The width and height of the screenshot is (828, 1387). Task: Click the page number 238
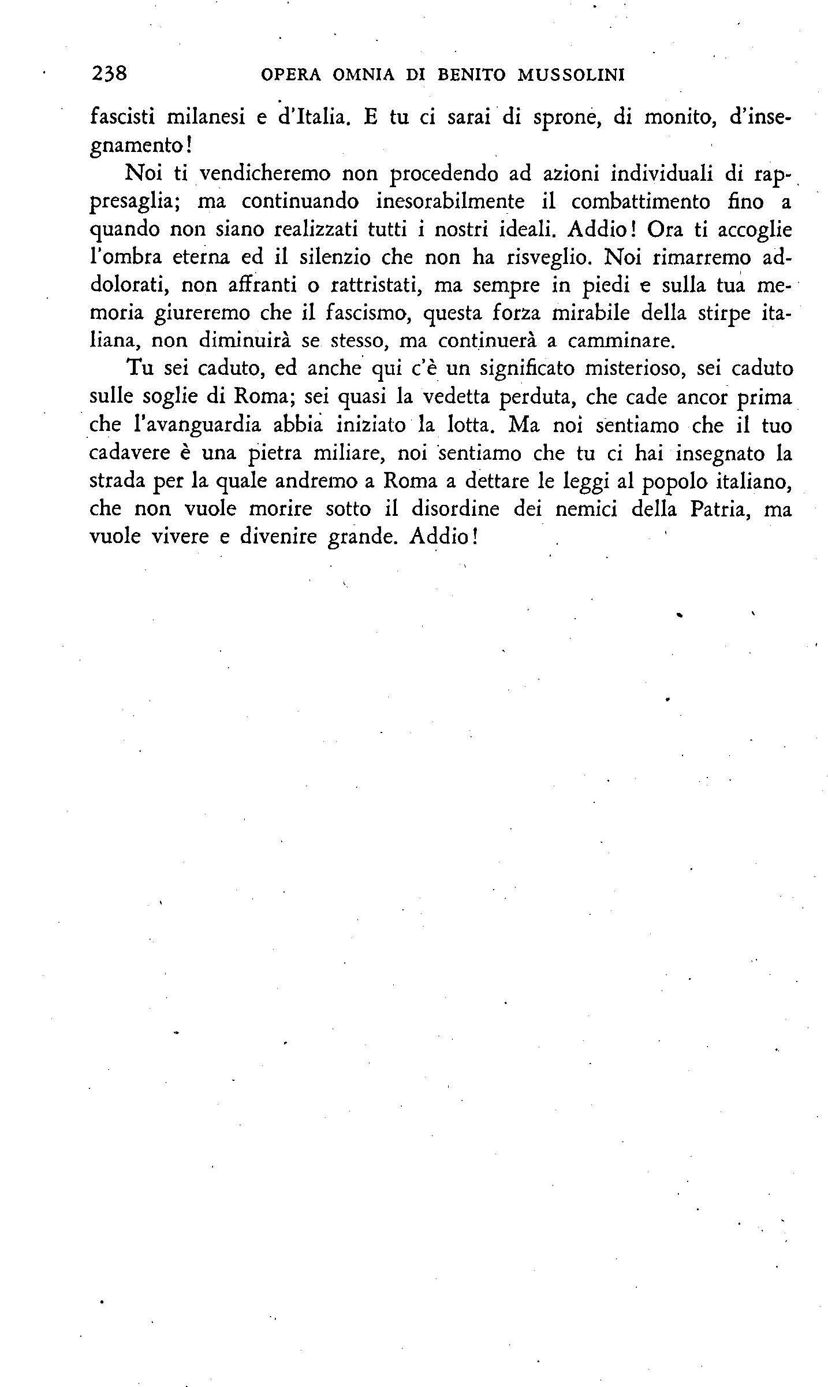(109, 75)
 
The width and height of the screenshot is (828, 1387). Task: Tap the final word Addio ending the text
(442, 537)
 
